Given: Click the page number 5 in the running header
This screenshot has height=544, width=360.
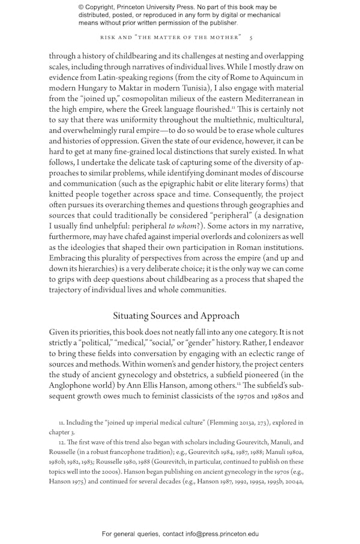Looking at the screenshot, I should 251,37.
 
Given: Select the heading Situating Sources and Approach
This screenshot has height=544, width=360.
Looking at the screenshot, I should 176,316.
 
